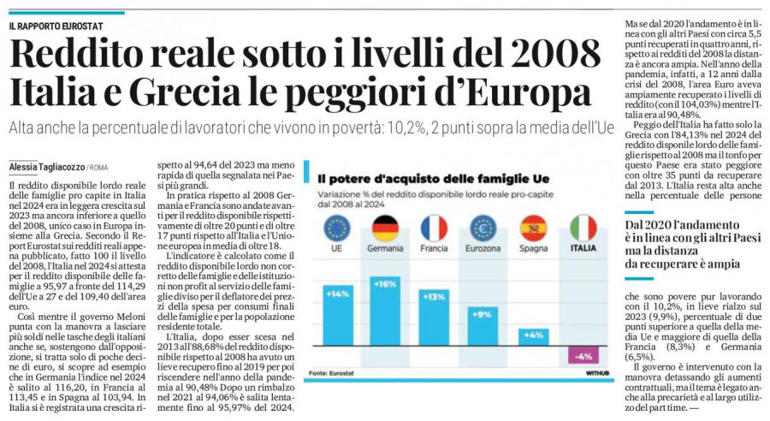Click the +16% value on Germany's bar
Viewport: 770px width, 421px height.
[x=386, y=282]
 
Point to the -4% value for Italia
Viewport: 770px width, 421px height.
[x=583, y=356]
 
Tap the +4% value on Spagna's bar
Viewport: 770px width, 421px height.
[x=533, y=335]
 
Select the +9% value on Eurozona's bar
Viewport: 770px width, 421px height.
[x=484, y=312]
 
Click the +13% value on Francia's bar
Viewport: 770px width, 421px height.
[x=435, y=296]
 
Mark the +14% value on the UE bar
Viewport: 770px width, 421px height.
[x=337, y=293]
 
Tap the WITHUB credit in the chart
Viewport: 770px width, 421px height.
[x=596, y=372]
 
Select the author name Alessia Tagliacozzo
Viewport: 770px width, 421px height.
[x=43, y=166]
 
